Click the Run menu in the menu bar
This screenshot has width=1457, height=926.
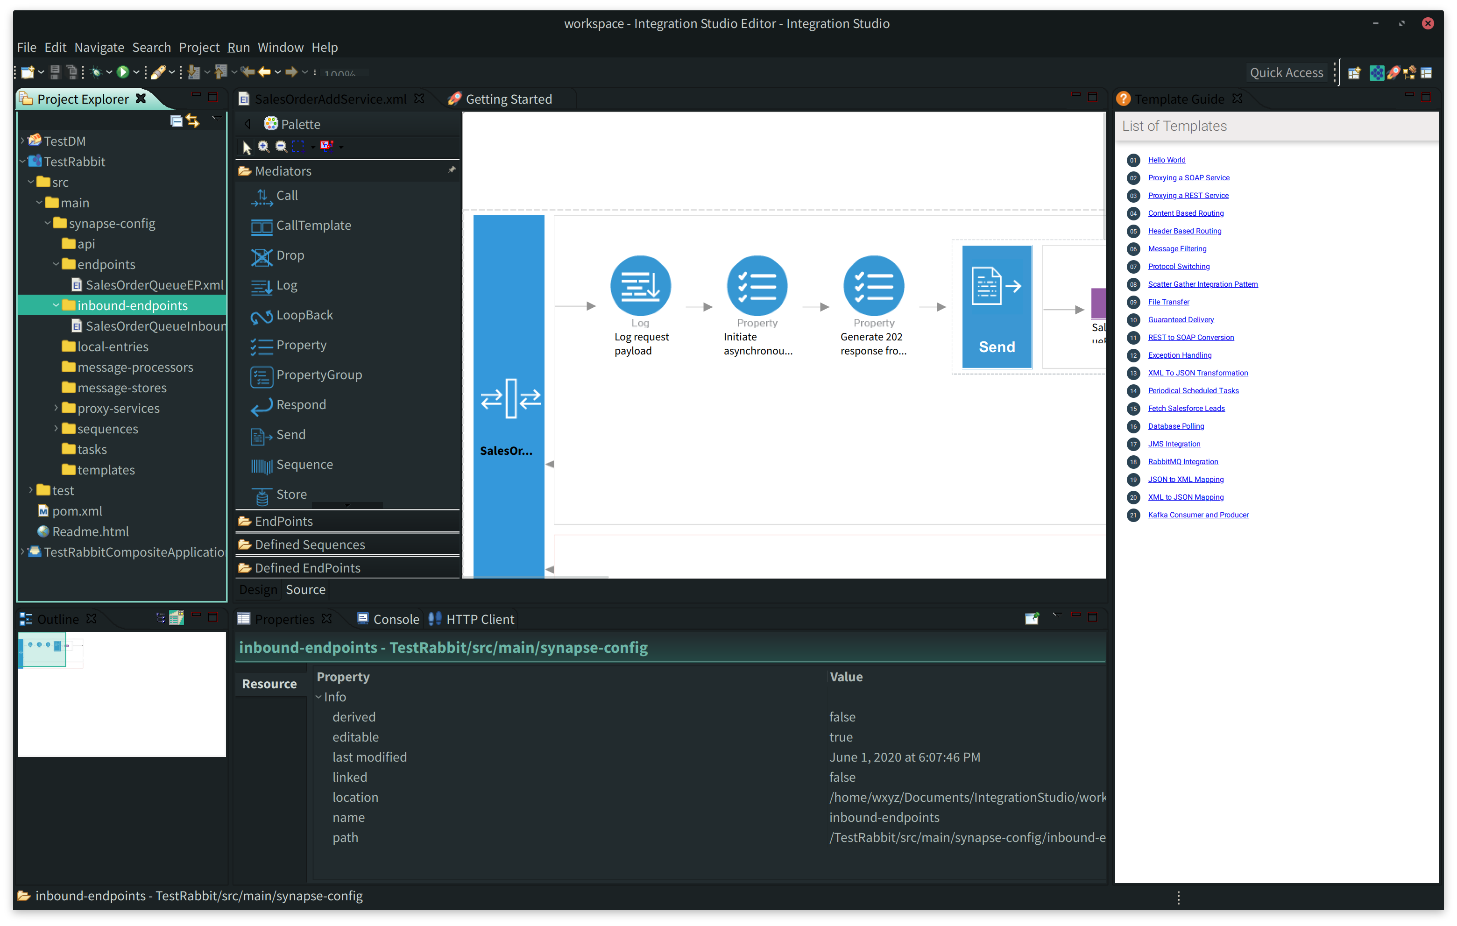tap(238, 47)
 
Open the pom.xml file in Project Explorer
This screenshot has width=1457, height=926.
tap(77, 511)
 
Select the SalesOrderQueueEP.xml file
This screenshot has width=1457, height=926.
tap(154, 285)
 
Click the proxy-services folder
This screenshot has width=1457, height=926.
tap(118, 409)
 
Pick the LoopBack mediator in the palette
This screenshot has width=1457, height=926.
tap(304, 315)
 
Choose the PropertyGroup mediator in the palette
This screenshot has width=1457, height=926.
tap(319, 375)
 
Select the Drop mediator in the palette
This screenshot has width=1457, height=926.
tap(290, 255)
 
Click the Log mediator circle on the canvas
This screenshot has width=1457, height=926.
tap(640, 286)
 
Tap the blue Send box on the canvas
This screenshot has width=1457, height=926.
tap(997, 307)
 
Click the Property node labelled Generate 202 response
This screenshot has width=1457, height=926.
tap(874, 286)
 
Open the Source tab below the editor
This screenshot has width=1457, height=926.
tap(305, 589)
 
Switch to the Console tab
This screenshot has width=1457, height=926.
tap(396, 619)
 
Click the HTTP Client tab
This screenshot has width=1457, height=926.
tap(480, 619)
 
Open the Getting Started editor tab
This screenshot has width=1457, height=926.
tap(508, 99)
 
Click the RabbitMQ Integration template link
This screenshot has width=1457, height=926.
tap(1183, 462)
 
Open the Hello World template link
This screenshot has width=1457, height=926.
tap(1167, 160)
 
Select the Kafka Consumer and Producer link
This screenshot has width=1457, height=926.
tap(1198, 515)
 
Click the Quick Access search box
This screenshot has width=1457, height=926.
tap(1287, 73)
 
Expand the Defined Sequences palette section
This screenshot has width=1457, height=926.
tap(310, 544)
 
